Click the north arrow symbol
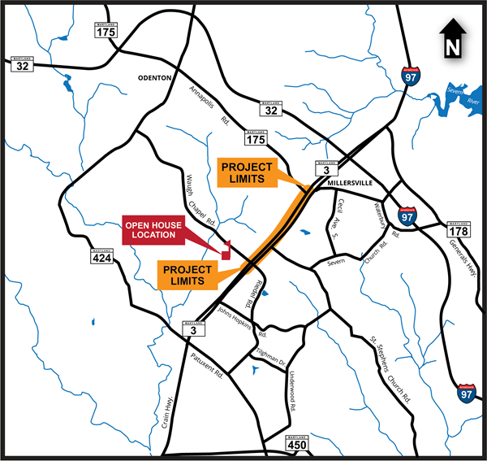[451, 41]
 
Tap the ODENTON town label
[154, 77]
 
